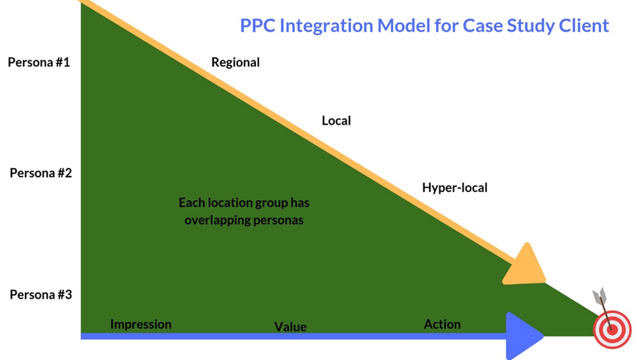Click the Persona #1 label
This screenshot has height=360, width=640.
[39, 62]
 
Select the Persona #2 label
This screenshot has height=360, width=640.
[41, 173]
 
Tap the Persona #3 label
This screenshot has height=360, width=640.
[41, 295]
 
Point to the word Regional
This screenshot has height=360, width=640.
[235, 62]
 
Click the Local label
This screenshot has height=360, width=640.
[336, 120]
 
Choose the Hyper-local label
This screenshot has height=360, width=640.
[455, 188]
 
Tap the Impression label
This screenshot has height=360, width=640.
[141, 325]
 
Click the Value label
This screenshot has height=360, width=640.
[290, 327]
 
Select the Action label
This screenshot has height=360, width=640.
[442, 324]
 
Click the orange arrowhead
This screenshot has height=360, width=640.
[525, 266]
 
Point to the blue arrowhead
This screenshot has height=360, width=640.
[524, 336]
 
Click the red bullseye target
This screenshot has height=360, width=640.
[612, 330]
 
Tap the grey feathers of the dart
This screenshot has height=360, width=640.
[600, 296]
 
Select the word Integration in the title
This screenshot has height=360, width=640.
[326, 26]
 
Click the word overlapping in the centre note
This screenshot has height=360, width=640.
[217, 220]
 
